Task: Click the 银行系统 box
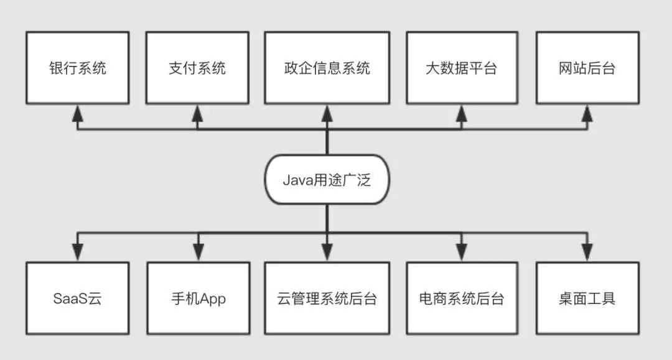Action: [x=77, y=67]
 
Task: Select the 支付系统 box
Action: [x=197, y=67]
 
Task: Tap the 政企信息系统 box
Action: [x=327, y=67]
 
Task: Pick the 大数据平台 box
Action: [x=461, y=67]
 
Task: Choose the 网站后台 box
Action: [x=587, y=67]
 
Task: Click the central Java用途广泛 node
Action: [x=327, y=180]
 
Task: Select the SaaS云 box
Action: [x=77, y=298]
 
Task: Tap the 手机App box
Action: [x=197, y=298]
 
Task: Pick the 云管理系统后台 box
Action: [x=327, y=298]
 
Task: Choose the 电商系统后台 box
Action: [x=461, y=298]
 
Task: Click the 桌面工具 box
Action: [x=587, y=298]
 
